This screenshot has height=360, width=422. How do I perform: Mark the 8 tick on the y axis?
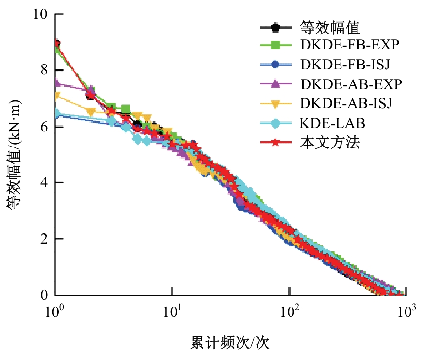click(46, 70)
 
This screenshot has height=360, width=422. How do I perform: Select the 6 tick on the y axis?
click(46, 127)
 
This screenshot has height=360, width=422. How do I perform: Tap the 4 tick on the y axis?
click(46, 183)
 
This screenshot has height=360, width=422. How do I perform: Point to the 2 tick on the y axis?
click(46, 239)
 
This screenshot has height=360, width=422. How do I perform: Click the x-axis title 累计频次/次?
click(229, 343)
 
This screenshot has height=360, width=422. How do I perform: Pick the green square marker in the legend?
click(275, 46)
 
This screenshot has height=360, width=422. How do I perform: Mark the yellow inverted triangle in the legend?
click(275, 104)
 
